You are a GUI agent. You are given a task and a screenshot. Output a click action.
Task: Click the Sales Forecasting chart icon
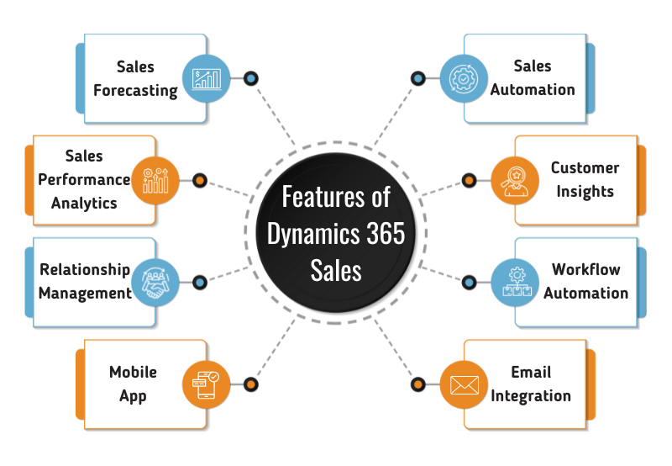[x=207, y=79]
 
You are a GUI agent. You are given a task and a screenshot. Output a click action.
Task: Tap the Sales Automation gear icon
[x=462, y=79]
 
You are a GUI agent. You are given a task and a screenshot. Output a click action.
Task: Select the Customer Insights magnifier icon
[x=513, y=180]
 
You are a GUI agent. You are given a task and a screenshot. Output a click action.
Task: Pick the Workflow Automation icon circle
[x=513, y=282]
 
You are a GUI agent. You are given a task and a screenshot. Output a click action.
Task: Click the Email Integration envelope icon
[x=463, y=384]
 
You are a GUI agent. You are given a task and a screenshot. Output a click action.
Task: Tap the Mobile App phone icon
[x=207, y=384]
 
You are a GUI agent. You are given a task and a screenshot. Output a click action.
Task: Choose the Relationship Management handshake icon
[x=156, y=283]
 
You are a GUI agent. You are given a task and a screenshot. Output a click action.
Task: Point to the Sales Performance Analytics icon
[x=156, y=180]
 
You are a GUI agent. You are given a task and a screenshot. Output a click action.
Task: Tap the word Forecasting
[x=135, y=90]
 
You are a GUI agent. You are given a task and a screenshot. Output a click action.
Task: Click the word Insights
[x=585, y=191]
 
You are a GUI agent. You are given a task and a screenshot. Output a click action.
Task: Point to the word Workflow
[x=585, y=270]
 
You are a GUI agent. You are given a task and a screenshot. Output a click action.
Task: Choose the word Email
[x=531, y=372]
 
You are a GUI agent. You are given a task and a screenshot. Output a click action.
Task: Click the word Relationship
[x=85, y=270]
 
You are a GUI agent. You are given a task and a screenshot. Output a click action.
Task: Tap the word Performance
[x=85, y=179]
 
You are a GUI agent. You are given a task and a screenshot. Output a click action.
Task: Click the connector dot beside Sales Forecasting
[x=250, y=79]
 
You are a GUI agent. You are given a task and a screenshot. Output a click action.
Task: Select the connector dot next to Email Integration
[x=417, y=384]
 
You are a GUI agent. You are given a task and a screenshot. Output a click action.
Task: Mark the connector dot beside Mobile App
[x=250, y=384]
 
